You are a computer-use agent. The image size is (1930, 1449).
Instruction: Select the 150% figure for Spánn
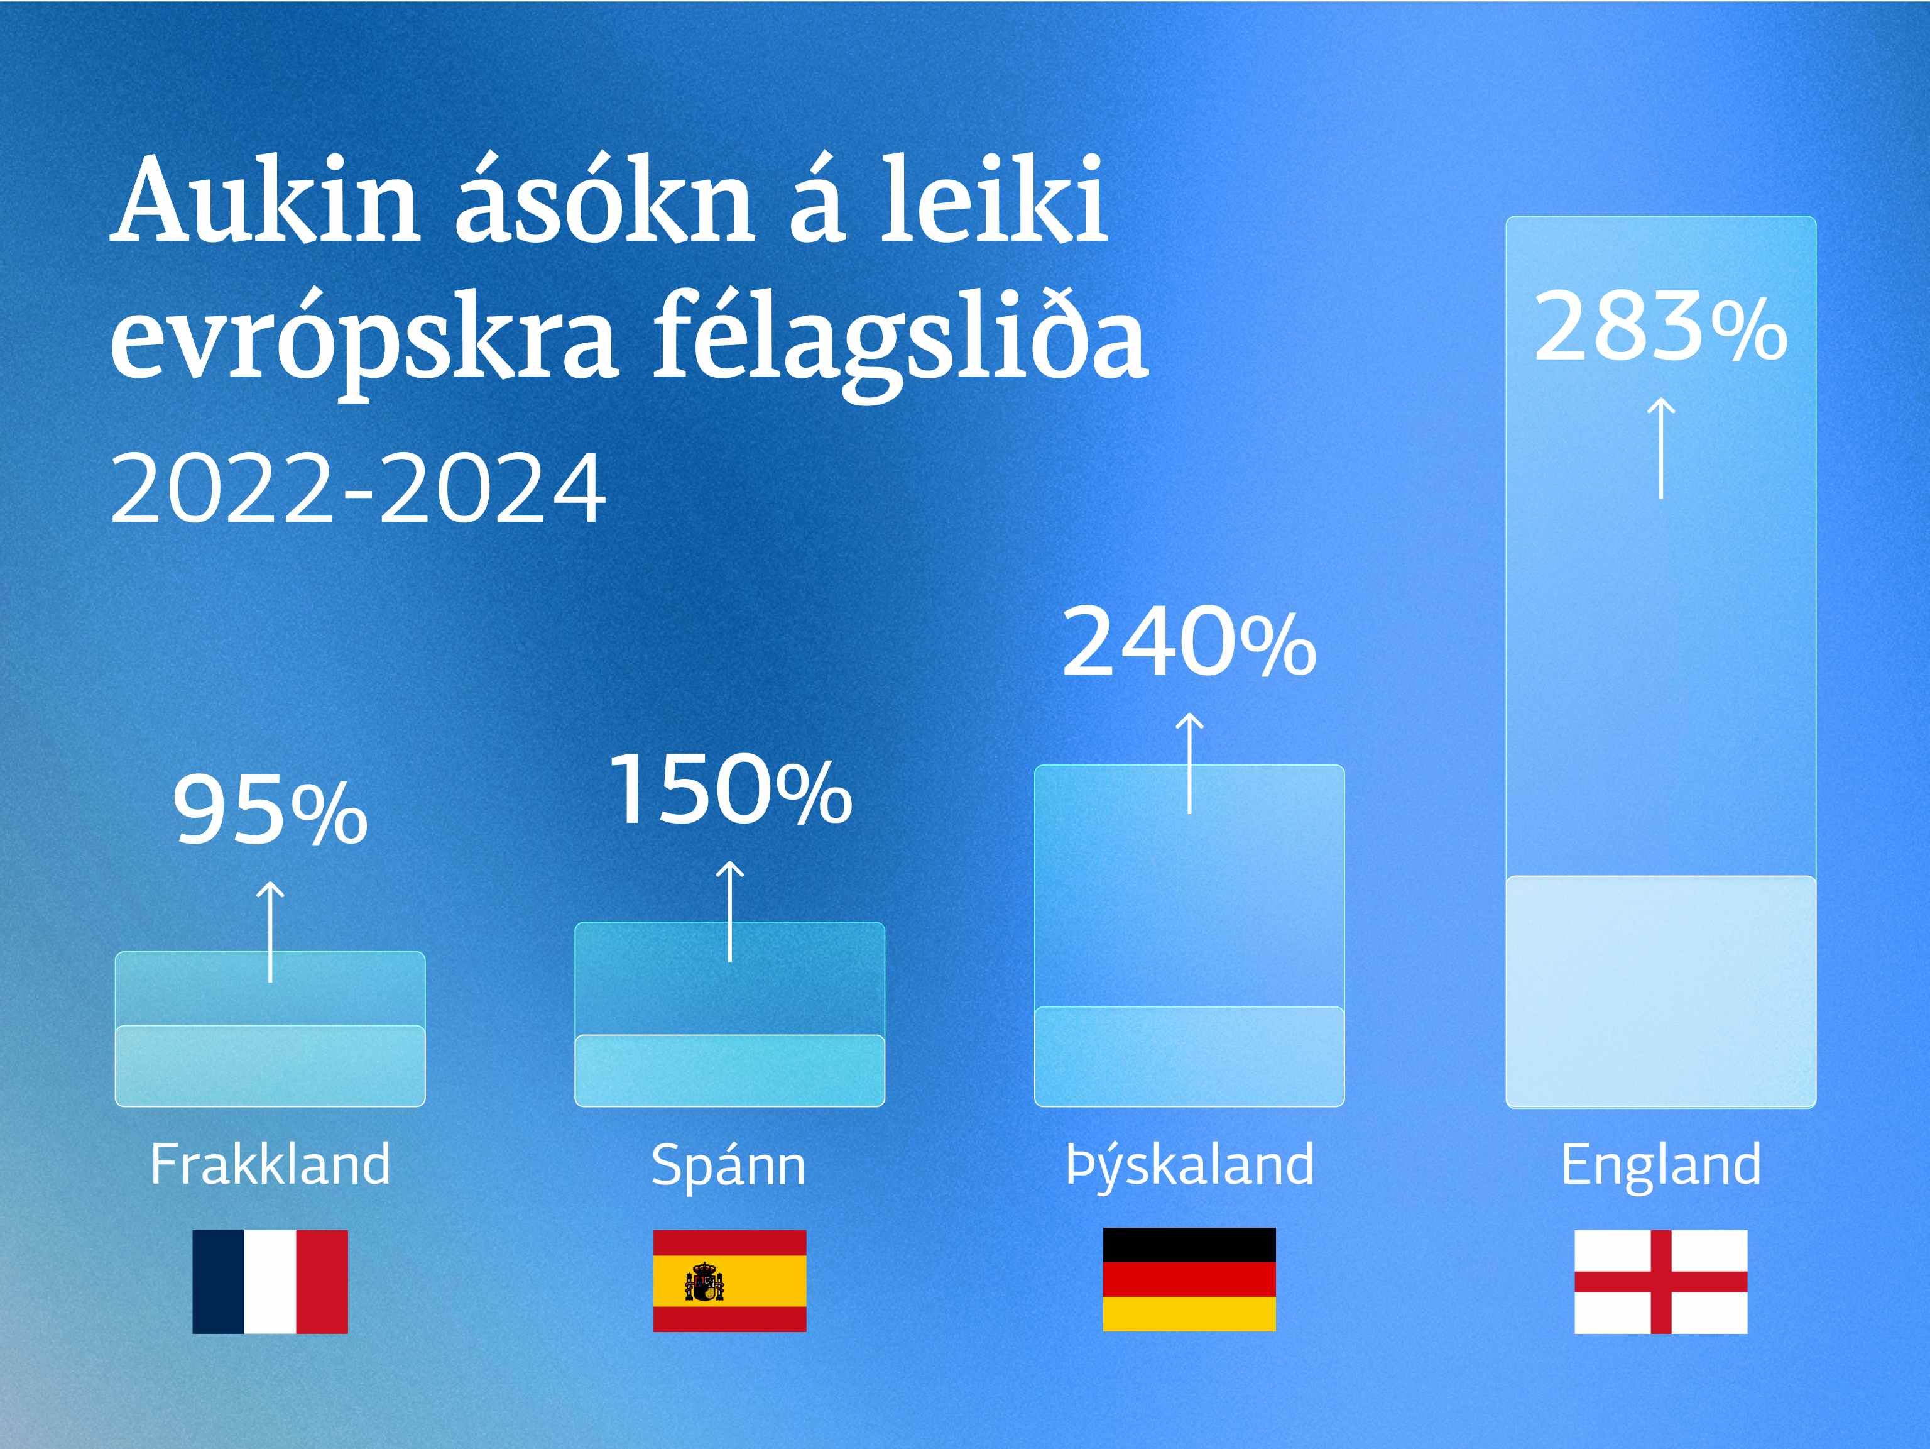point(730,790)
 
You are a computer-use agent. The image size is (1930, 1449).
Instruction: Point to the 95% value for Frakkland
point(271,811)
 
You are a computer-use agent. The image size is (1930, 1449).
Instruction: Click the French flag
point(271,1281)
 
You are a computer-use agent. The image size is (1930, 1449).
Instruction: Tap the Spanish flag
point(729,1281)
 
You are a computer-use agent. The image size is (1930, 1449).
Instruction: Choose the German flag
point(1189,1280)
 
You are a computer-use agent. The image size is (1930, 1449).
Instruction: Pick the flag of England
point(1660,1281)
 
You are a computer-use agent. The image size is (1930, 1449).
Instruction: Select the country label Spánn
point(729,1167)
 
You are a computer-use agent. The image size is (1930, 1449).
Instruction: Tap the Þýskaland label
point(1189,1167)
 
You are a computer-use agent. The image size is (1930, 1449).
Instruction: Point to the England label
point(1660,1167)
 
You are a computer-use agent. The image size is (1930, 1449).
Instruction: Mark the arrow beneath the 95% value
point(271,932)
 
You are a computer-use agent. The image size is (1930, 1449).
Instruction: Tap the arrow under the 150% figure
point(730,912)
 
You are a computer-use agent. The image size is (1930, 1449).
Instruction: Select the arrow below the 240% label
point(1189,763)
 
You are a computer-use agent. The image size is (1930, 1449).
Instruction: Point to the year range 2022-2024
point(357,487)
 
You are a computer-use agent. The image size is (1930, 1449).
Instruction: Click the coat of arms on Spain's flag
point(704,1281)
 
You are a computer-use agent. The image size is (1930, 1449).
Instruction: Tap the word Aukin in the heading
point(267,201)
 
